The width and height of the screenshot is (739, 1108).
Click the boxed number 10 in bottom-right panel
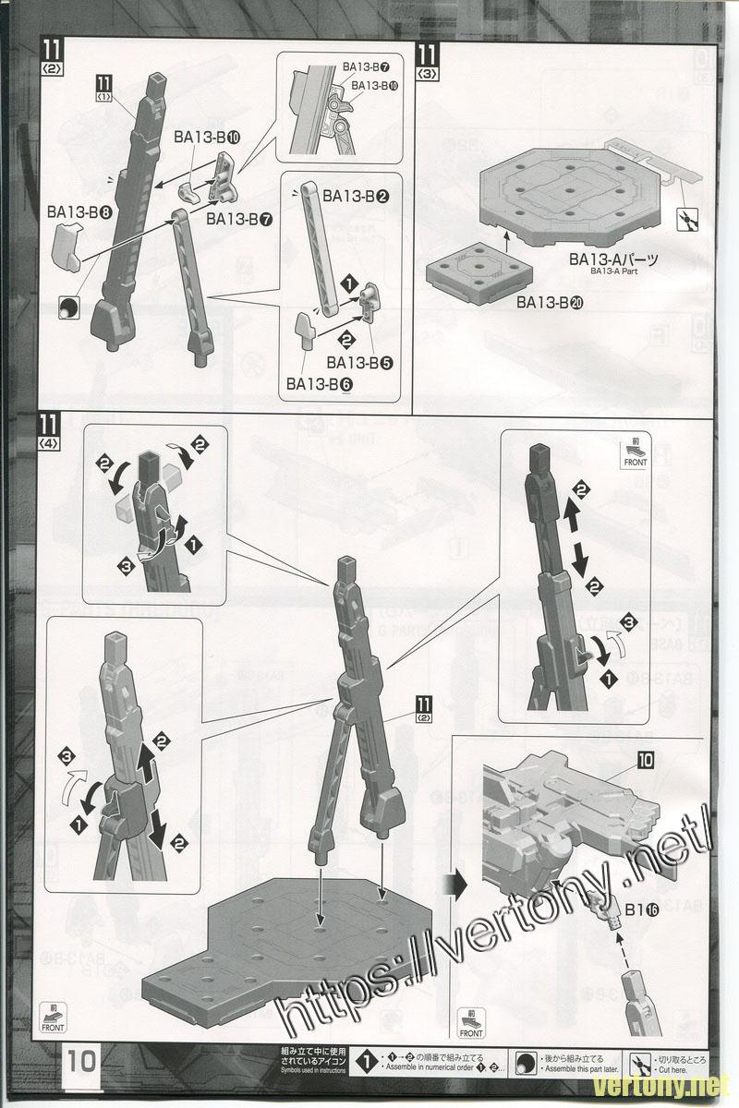pyautogui.click(x=644, y=762)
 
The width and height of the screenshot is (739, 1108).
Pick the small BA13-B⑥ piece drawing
pyautogui.click(x=306, y=330)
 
